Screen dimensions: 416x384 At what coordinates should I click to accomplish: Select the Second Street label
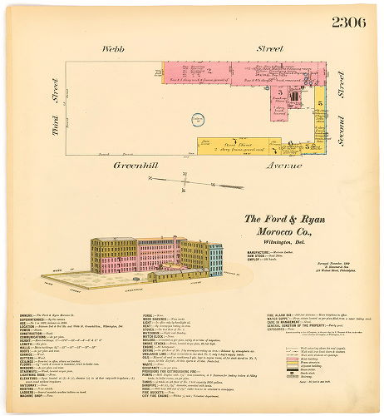pyautogui.click(x=340, y=108)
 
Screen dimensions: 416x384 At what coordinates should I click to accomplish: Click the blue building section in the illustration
pyautogui.click(x=215, y=258)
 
